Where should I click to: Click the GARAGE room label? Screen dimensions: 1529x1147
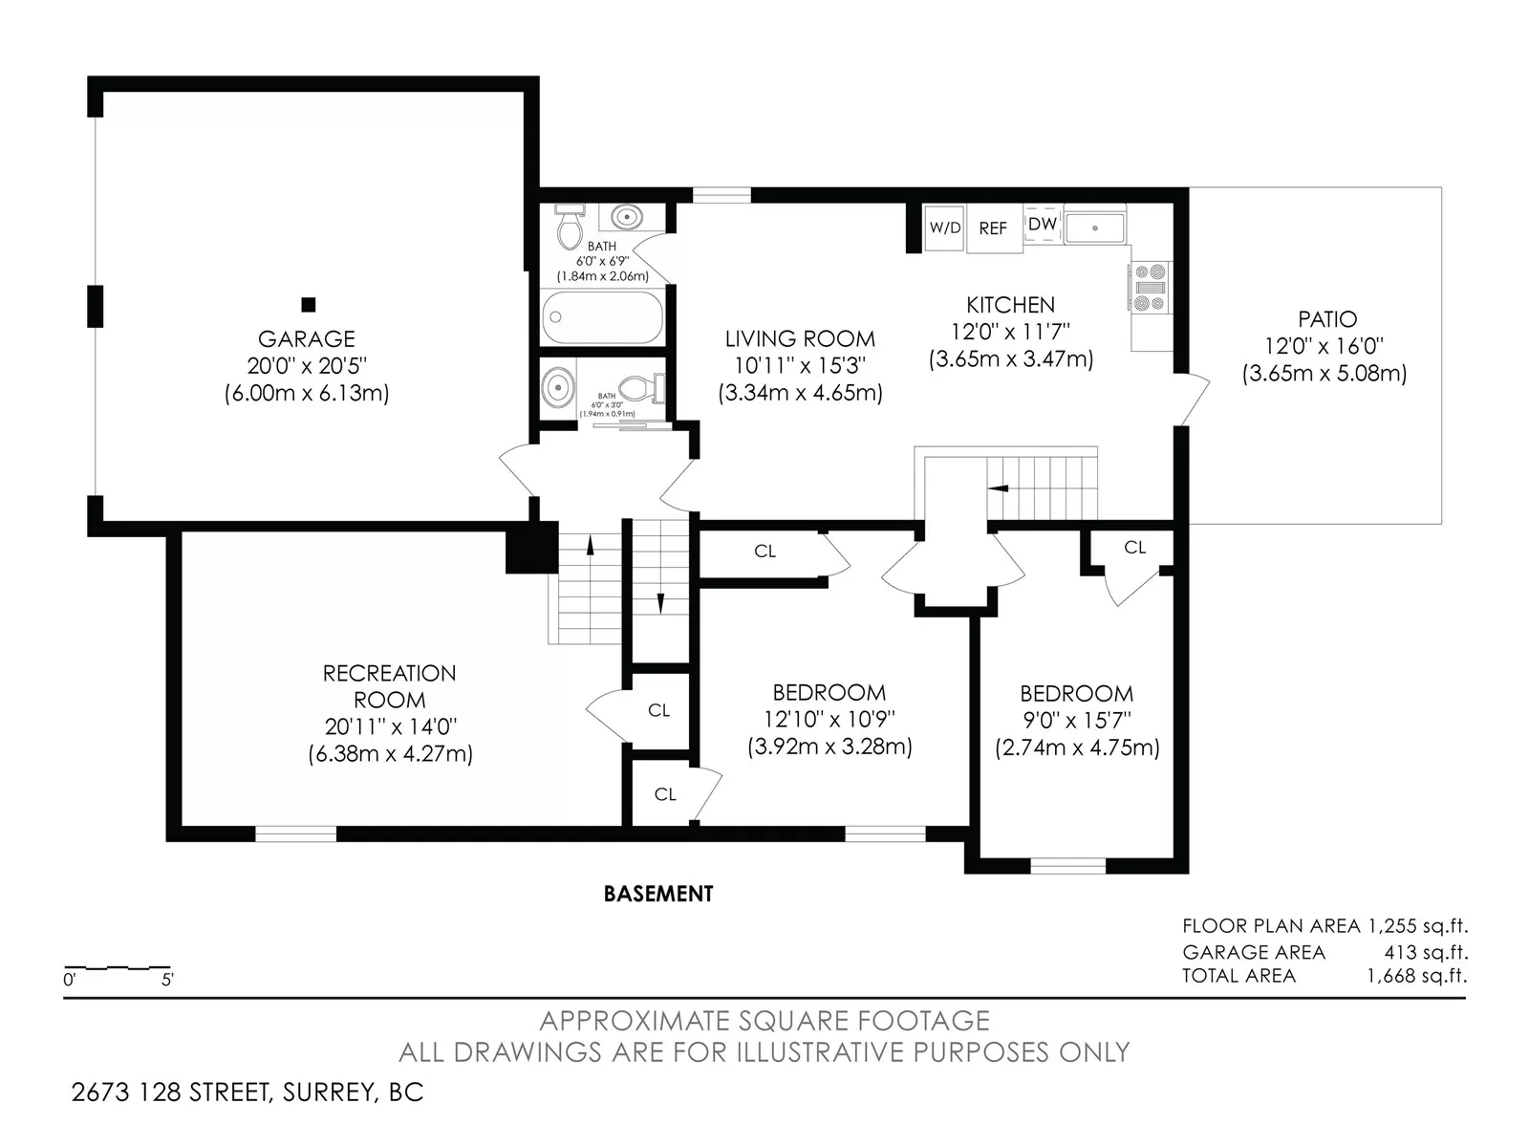click(x=307, y=339)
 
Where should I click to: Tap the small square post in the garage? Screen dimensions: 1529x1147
click(x=309, y=304)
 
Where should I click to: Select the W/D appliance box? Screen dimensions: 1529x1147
click(x=944, y=227)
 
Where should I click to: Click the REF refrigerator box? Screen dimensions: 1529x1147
click(x=994, y=228)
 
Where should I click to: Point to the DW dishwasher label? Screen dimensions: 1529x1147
click(x=1042, y=225)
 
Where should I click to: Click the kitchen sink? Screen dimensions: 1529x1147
click(x=1095, y=227)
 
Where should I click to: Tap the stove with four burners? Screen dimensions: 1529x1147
click(x=1151, y=287)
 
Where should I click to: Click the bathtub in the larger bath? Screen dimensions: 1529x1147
click(x=603, y=317)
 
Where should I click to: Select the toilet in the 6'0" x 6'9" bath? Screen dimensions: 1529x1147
click(x=571, y=227)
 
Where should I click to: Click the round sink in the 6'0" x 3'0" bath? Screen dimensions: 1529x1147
click(x=559, y=386)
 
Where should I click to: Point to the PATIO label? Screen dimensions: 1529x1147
click(x=1327, y=319)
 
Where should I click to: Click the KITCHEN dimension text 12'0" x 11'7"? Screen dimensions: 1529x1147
click(x=1011, y=333)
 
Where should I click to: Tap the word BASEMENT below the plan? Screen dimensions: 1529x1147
click(x=658, y=895)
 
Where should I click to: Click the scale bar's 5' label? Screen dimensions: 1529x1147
click(x=167, y=980)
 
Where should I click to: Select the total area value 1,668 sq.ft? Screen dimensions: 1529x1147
click(x=1417, y=976)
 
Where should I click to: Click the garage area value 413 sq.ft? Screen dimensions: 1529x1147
click(x=1426, y=952)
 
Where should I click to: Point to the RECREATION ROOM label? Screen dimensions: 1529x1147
click(x=389, y=686)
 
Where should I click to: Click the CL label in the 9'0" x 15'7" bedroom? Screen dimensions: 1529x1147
click(x=1134, y=548)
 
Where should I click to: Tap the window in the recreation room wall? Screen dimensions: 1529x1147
click(x=295, y=833)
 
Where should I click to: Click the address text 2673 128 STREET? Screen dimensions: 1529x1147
click(x=171, y=1093)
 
